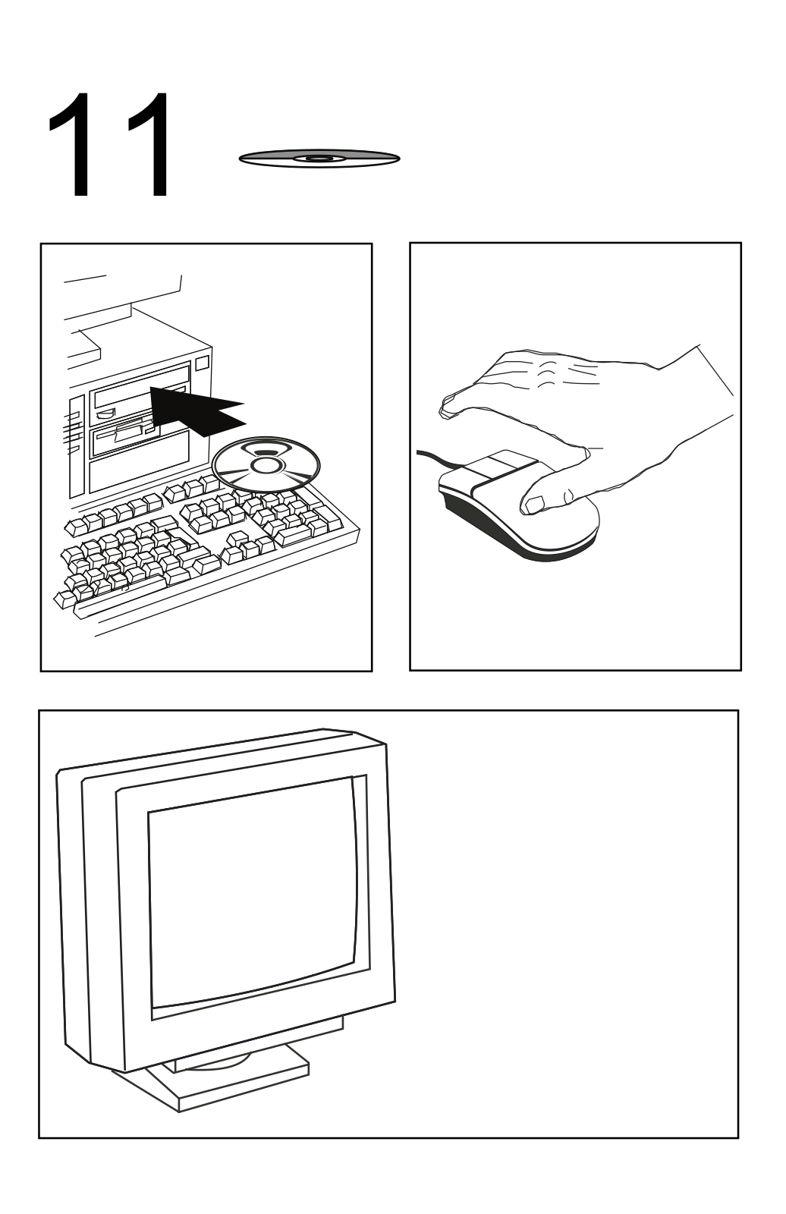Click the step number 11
(x=109, y=145)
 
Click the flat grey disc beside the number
(x=319, y=159)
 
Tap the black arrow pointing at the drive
(x=195, y=409)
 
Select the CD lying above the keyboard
(x=266, y=465)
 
